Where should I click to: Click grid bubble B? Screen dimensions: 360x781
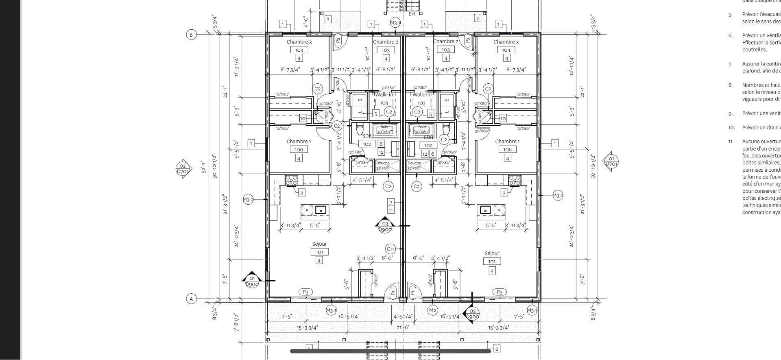pyautogui.click(x=191, y=35)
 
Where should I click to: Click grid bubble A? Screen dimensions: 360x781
pyautogui.click(x=191, y=299)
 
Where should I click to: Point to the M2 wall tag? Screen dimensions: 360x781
pyautogui.click(x=432, y=310)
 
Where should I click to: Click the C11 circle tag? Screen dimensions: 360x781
pyautogui.click(x=390, y=249)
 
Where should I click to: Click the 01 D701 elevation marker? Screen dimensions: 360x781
pyautogui.click(x=611, y=161)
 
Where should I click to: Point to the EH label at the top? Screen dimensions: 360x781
pyautogui.click(x=412, y=14)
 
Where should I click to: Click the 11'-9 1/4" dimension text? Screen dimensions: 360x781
pyautogui.click(x=236, y=66)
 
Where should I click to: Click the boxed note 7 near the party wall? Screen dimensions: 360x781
pyautogui.click(x=391, y=203)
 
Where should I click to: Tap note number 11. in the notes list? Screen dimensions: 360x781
pyautogui.click(x=731, y=142)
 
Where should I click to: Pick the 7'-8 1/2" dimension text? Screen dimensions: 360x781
pyautogui.click(x=236, y=323)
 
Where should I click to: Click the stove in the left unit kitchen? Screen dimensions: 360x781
pyautogui.click(x=291, y=180)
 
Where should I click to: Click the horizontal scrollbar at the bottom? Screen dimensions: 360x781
pyautogui.click(x=390, y=351)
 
